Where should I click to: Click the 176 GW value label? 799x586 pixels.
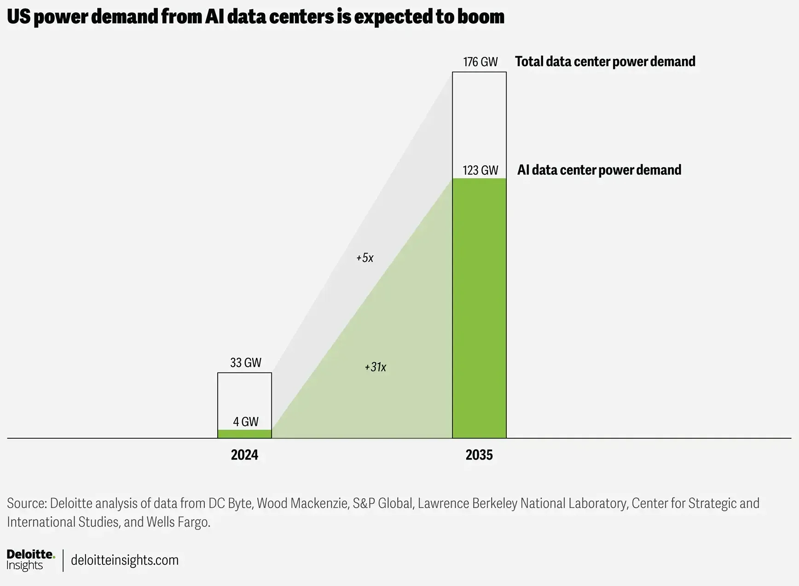click(480, 62)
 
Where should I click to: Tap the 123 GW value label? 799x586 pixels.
click(480, 170)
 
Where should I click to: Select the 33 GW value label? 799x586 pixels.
click(245, 362)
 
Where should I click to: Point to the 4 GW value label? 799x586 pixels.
click(245, 421)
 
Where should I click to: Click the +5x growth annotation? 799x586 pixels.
click(365, 258)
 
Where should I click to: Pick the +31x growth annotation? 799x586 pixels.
click(375, 367)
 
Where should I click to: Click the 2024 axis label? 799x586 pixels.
click(244, 455)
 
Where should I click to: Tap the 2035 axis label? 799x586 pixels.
click(479, 455)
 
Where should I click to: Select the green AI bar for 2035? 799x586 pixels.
click(479, 308)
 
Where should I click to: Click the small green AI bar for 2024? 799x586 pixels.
click(244, 434)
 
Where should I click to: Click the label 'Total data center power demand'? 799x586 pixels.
click(605, 62)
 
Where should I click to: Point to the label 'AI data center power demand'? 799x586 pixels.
click(599, 170)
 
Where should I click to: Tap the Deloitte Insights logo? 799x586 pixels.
click(31, 560)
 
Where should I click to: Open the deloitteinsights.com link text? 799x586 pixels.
click(125, 560)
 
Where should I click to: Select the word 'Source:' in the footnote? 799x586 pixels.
click(27, 503)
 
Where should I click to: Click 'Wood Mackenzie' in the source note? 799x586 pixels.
click(302, 503)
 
